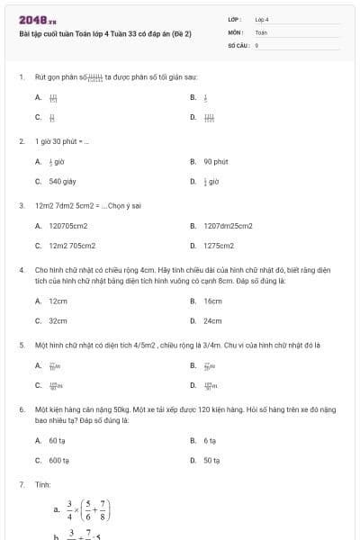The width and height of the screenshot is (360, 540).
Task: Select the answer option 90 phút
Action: pos(215,162)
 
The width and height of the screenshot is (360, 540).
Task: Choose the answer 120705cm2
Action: pos(67,226)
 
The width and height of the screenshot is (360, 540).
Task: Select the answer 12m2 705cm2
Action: pos(72,245)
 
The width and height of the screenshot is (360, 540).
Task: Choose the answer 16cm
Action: pos(212,301)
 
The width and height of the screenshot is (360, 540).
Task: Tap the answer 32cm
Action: pos(58,320)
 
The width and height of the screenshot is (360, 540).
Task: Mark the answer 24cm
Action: pos(212,320)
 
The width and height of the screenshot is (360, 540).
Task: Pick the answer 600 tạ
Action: pos(59,460)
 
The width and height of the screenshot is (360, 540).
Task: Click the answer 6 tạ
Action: pos(210,441)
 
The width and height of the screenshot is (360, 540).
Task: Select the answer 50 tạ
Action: pos(211,460)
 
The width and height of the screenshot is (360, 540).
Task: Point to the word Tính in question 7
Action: pos(42,484)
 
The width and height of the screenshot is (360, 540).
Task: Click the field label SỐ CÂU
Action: pos(238,43)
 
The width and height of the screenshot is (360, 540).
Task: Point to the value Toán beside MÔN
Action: pos(261,31)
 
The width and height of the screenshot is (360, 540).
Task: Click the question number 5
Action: pos(21,345)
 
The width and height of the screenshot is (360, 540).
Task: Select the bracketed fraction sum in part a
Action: pos(94,510)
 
